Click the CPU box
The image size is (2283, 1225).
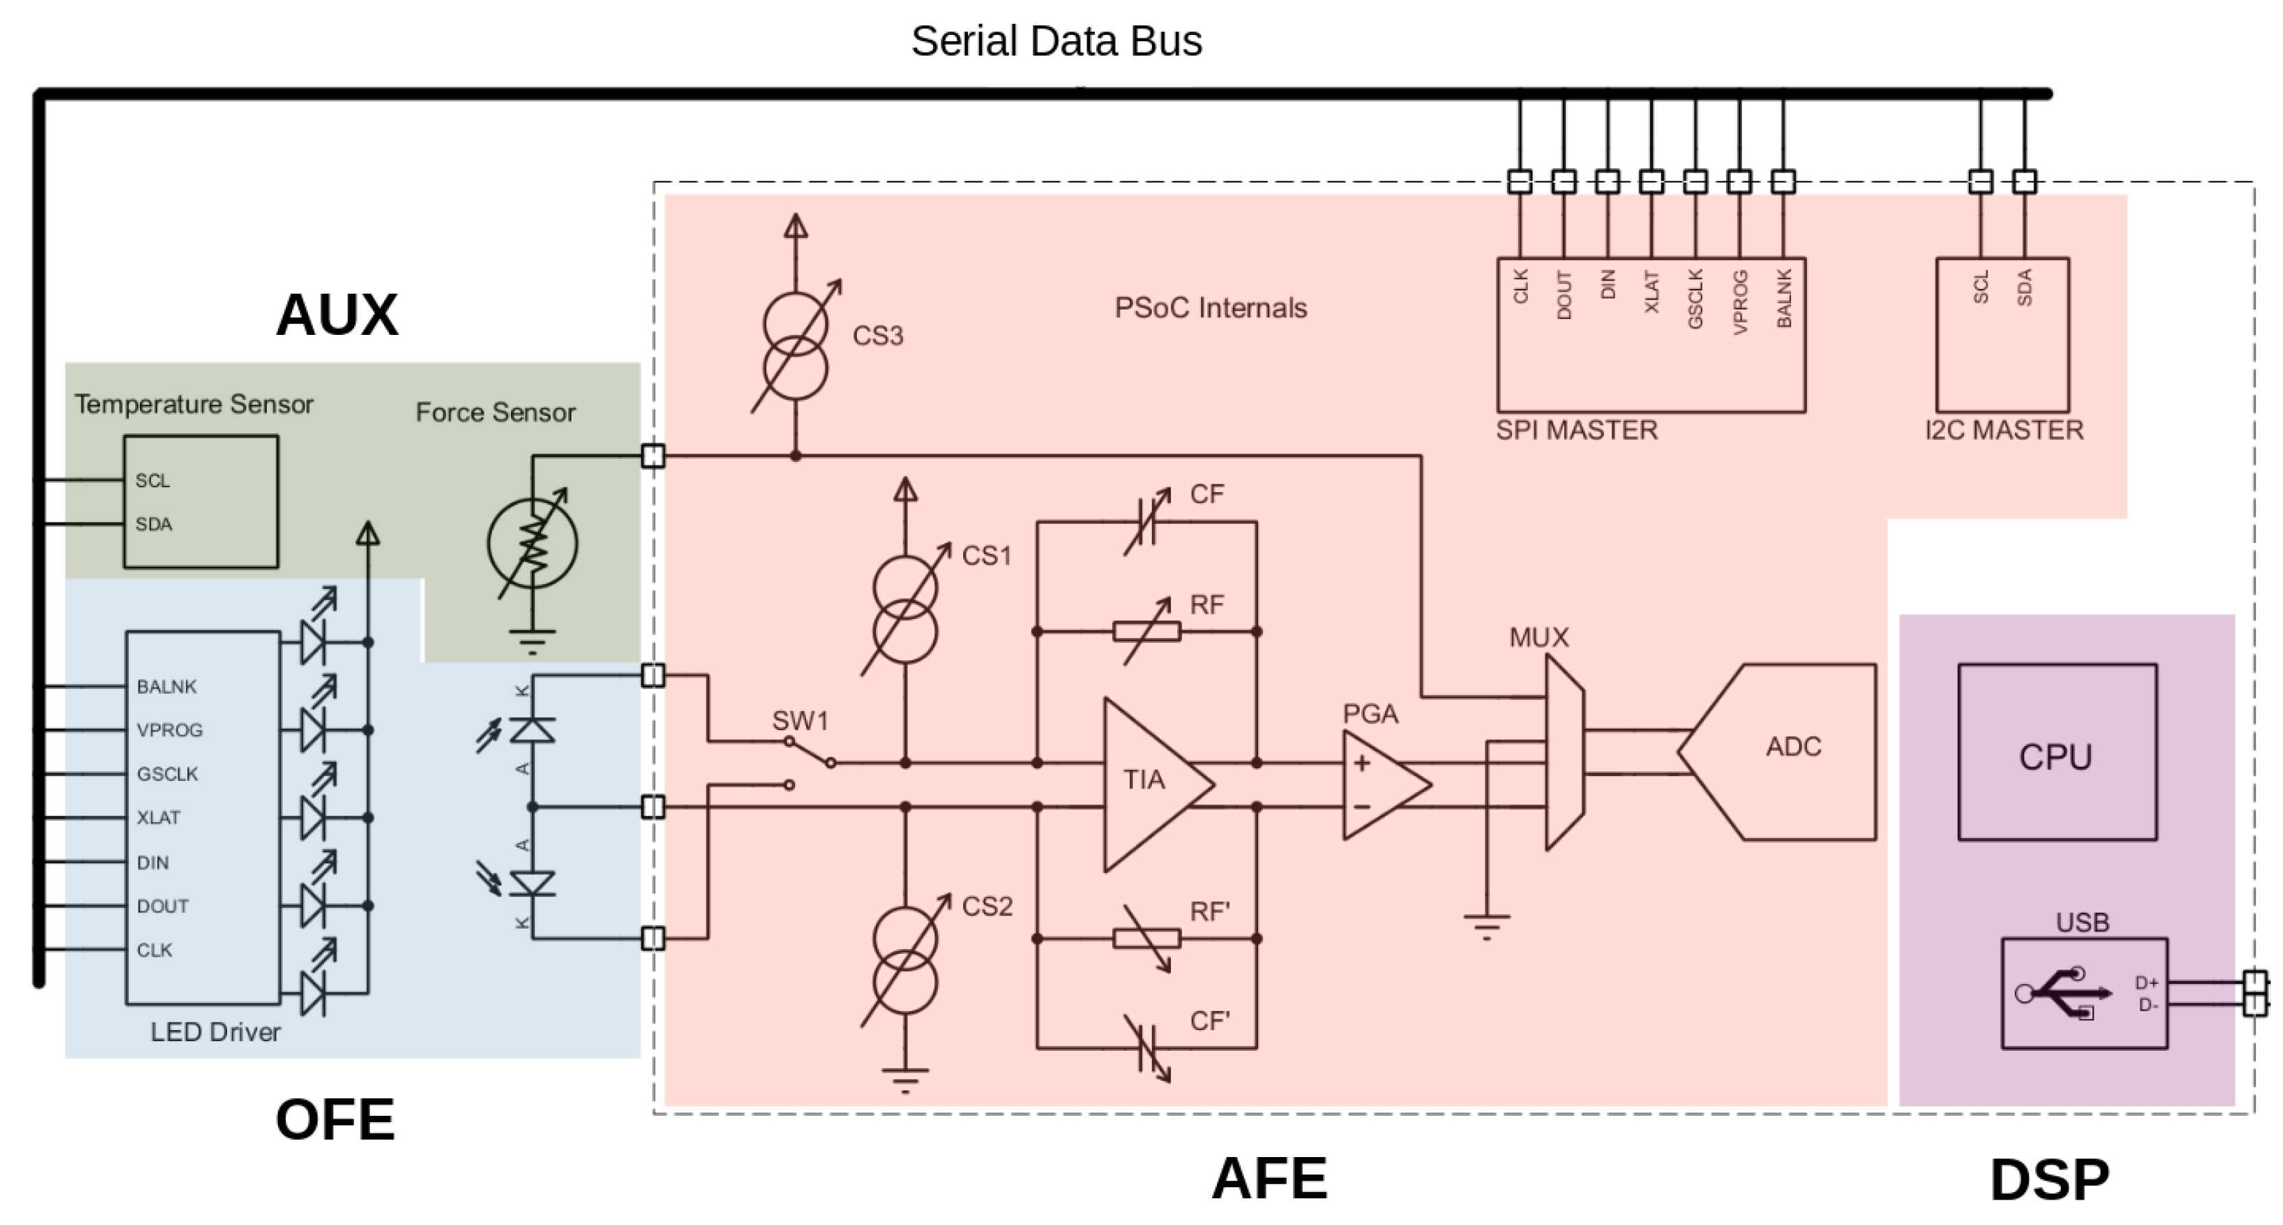coord(2056,753)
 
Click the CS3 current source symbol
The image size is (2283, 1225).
coord(795,347)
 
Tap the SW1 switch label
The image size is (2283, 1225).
coord(799,721)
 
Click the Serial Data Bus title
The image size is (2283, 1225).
coord(1056,40)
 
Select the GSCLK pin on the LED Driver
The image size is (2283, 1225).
coord(167,774)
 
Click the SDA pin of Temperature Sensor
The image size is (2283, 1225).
coord(154,524)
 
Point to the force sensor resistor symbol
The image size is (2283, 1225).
coord(532,544)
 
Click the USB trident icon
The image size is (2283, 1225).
coord(2064,993)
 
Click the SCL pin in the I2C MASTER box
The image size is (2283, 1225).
coord(1980,287)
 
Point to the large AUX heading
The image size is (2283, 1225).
coord(337,315)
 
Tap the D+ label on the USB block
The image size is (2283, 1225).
coord(2146,982)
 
